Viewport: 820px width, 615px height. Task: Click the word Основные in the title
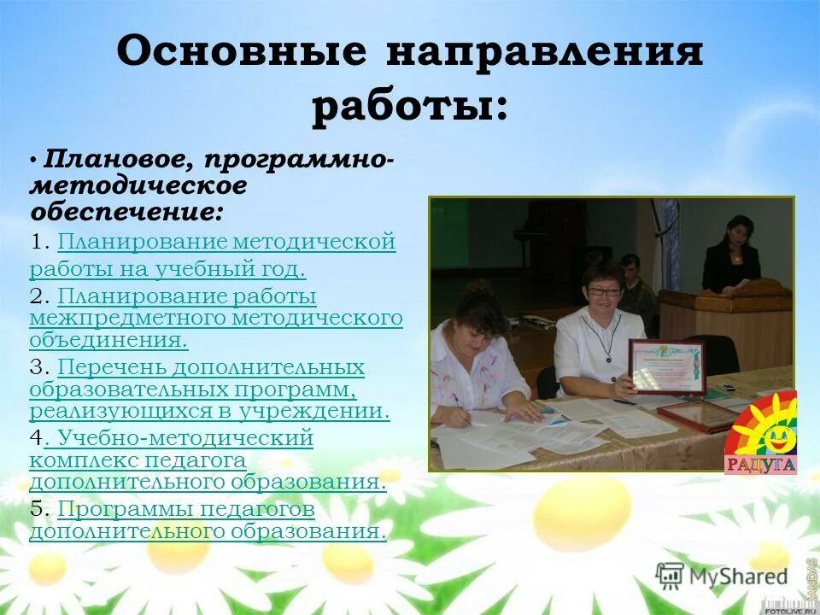(x=241, y=53)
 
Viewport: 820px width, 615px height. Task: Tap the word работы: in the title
(x=410, y=108)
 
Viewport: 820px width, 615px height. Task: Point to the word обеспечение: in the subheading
(x=127, y=210)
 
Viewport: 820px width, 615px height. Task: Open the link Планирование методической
(x=226, y=243)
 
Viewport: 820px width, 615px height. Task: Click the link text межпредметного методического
(x=215, y=319)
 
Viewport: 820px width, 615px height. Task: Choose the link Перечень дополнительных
(x=210, y=368)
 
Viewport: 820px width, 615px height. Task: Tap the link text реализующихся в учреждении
(x=209, y=412)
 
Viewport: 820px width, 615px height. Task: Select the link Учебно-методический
(x=179, y=439)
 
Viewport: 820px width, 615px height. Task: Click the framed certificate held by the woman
(x=666, y=366)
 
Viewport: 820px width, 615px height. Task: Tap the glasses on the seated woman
(x=603, y=291)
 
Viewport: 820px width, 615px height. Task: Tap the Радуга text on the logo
(x=760, y=466)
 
